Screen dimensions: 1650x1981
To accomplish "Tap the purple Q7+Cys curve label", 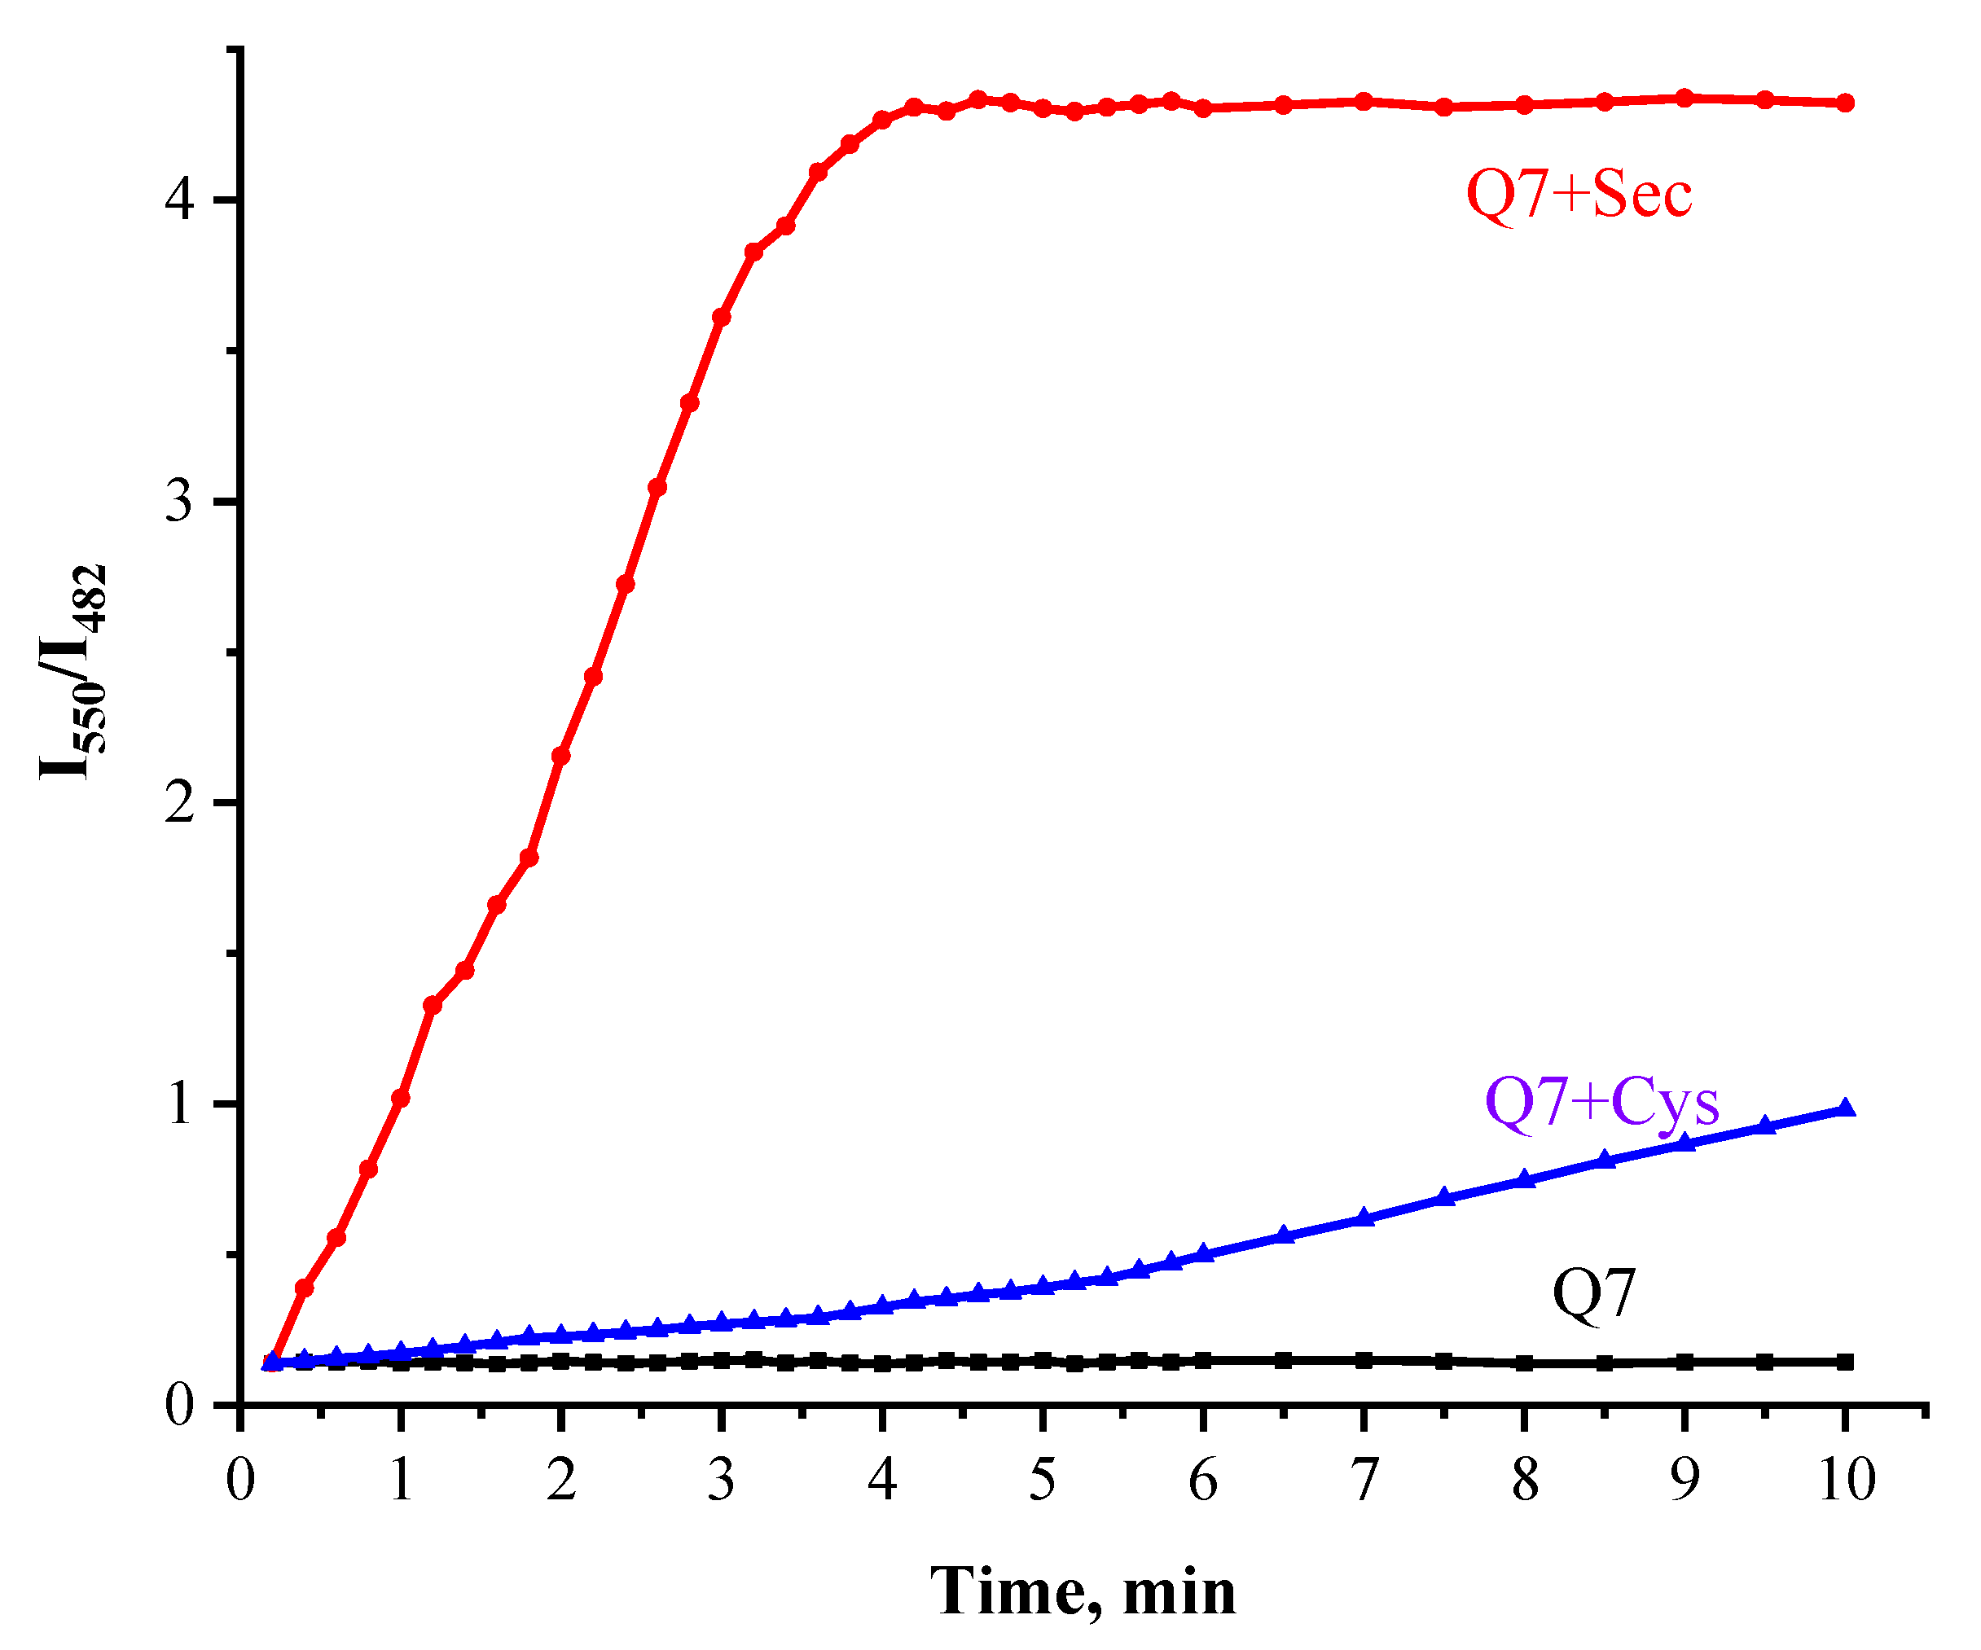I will (1601, 1101).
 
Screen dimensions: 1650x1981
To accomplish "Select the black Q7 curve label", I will (1593, 1293).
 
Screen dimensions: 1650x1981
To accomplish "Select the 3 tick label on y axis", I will (179, 501).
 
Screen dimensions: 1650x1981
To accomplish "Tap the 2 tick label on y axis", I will (179, 803).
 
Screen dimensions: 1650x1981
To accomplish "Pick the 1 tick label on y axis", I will (179, 1104).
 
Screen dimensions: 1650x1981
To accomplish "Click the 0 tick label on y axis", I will (179, 1405).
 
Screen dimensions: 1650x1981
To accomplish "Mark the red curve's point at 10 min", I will (1846, 103).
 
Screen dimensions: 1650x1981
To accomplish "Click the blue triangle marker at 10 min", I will (1846, 1108).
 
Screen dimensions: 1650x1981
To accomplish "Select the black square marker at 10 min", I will (1846, 1363).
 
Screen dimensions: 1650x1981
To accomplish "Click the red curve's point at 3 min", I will (722, 317).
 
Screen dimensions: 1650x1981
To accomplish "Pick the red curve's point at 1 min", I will (401, 1098).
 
